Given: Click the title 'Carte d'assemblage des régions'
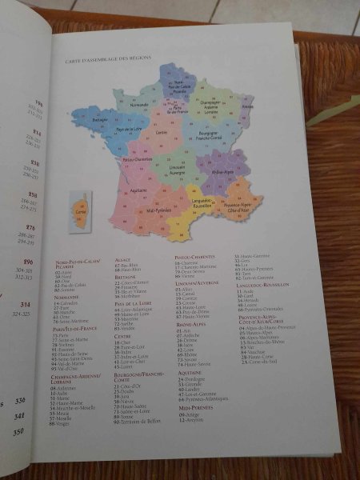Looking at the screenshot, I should (x=108, y=59).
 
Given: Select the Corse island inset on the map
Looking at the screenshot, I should (x=80, y=210).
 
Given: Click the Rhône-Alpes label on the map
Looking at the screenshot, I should (x=222, y=171).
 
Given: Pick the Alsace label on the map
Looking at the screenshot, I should (x=247, y=106).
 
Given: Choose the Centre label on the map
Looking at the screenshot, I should (x=161, y=132).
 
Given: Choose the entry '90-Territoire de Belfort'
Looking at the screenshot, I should (x=140, y=421).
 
